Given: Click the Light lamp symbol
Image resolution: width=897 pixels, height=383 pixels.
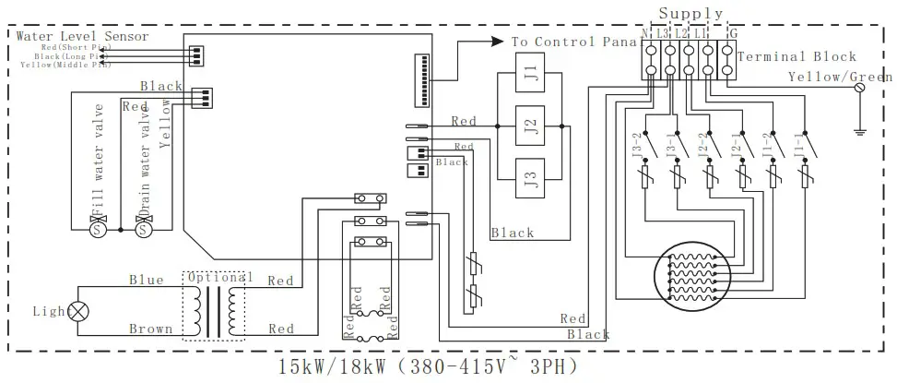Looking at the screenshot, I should tap(79, 312).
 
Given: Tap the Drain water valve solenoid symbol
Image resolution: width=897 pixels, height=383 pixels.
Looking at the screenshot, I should tap(143, 228).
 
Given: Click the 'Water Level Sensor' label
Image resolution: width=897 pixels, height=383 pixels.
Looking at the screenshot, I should tap(82, 35).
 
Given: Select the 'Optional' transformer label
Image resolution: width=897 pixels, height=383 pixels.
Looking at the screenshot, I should tap(219, 277).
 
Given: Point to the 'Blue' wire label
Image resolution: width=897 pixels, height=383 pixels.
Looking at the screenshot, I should tap(146, 280).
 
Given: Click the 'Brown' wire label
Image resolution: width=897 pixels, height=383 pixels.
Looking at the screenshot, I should tap(150, 329).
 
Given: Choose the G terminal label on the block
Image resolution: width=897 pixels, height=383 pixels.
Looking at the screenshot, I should tap(733, 34).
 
